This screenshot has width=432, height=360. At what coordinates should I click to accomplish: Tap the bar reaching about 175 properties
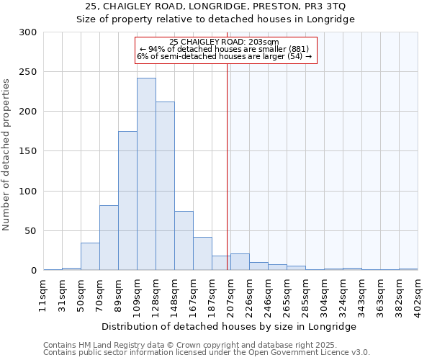[x=127, y=201]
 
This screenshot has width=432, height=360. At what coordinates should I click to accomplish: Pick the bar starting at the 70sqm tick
[x=109, y=238]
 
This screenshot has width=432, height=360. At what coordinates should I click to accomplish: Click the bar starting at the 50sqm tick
[x=90, y=256]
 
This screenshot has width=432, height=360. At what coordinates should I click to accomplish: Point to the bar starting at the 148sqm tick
[x=184, y=240]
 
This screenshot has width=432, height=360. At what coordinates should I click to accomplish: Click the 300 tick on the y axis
[x=28, y=32]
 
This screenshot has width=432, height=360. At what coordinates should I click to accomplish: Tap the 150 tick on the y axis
[x=28, y=152]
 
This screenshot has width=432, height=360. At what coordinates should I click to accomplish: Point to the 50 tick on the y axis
[x=31, y=231]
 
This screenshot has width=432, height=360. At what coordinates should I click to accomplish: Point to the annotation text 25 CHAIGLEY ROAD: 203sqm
[x=224, y=42]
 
